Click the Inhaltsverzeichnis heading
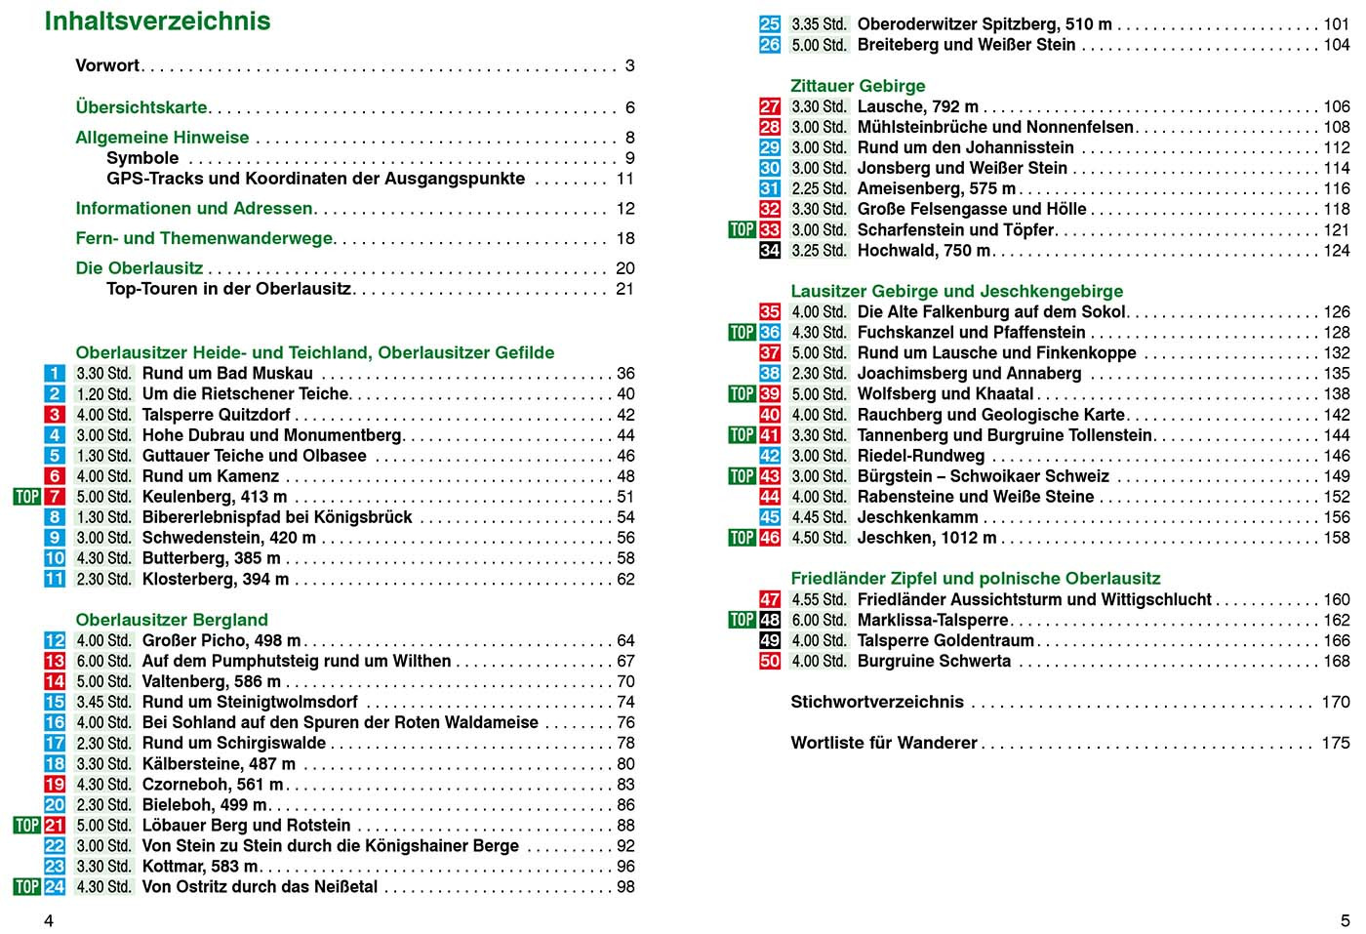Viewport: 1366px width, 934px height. click(157, 21)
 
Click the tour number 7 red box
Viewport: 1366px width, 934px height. click(55, 497)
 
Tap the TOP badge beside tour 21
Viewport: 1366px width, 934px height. click(26, 826)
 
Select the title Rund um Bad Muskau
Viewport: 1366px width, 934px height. click(227, 374)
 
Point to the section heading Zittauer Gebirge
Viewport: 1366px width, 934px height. click(858, 86)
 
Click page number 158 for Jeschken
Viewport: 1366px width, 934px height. click(1336, 538)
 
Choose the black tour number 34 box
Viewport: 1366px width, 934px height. click(770, 251)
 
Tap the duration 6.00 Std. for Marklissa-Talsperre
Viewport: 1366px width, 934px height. click(819, 621)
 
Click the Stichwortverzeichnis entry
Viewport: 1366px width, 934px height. click(876, 702)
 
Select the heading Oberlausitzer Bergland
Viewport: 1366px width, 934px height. click(172, 620)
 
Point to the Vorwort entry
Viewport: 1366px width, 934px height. click(107, 66)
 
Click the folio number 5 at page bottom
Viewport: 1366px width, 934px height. click(1345, 920)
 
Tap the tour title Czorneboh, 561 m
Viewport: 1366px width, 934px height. click(213, 785)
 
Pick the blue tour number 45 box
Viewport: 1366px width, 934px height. click(770, 517)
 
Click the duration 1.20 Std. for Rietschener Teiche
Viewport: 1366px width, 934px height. click(103, 394)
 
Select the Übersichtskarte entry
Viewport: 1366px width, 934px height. click(141, 107)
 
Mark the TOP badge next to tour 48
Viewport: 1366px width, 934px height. click(742, 621)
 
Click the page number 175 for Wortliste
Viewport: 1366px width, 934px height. click(1336, 743)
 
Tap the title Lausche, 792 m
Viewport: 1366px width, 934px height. click(917, 107)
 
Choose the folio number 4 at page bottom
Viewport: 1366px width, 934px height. click(49, 920)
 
